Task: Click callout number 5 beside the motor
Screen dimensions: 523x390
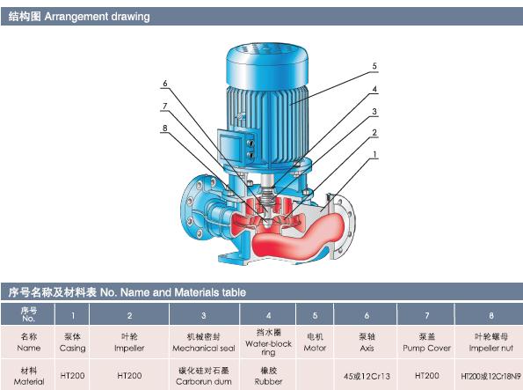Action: point(374,66)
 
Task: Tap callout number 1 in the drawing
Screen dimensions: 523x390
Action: point(374,154)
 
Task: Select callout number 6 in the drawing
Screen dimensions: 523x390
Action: point(165,84)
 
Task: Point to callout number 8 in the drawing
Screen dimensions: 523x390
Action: point(164,128)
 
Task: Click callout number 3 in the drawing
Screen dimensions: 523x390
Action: point(374,111)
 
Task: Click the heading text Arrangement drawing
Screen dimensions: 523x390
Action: point(97,17)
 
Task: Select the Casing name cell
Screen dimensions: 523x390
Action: point(72,342)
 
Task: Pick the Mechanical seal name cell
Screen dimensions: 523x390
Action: point(204,342)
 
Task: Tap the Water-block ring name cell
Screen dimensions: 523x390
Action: point(268,342)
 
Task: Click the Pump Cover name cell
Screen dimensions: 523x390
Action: point(426,342)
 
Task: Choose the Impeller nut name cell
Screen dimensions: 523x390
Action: point(491,342)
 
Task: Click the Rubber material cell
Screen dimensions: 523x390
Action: point(268,376)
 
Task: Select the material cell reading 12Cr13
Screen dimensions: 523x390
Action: point(367,376)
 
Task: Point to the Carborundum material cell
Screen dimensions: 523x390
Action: point(204,376)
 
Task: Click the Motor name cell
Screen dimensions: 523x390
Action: point(315,342)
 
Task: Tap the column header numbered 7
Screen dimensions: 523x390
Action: point(426,315)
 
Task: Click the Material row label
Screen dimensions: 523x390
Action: point(29,376)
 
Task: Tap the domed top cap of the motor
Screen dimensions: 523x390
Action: point(267,65)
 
